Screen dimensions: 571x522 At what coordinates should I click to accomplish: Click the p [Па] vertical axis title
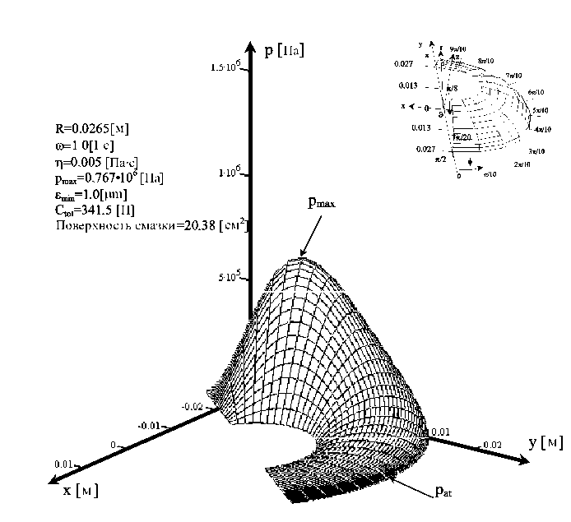(285, 51)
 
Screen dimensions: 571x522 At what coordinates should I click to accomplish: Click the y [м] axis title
(545, 442)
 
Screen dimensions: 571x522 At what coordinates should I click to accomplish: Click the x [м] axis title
(80, 491)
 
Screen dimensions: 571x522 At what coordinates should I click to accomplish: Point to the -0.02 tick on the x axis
(192, 407)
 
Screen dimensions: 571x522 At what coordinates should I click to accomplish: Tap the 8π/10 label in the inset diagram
(487, 61)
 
